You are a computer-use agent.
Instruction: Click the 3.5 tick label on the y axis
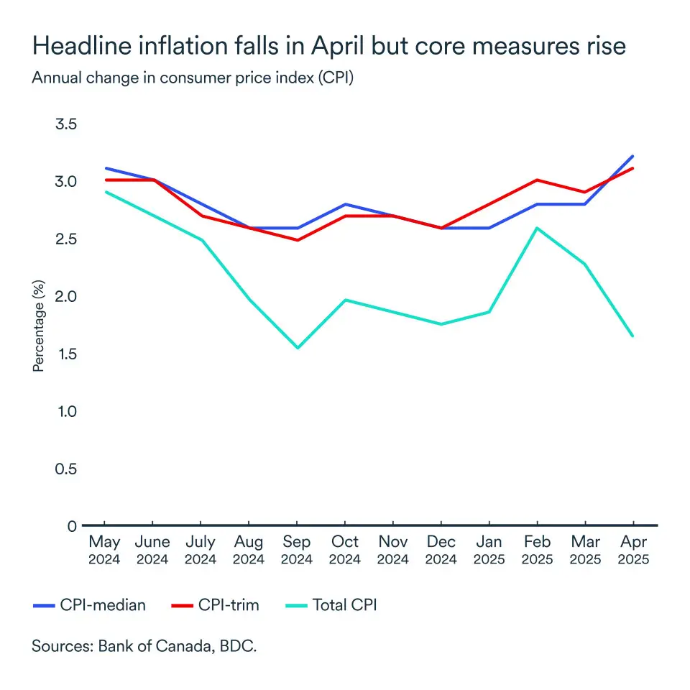coord(66,124)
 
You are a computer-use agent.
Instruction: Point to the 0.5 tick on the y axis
coord(66,469)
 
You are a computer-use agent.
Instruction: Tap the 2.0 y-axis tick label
coord(66,296)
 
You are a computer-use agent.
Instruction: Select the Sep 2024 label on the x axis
coord(297,550)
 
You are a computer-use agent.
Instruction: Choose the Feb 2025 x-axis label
coord(537,550)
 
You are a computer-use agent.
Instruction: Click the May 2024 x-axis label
coord(105,550)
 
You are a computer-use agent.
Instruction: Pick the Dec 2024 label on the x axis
coord(441,550)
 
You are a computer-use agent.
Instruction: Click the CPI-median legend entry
coord(90,605)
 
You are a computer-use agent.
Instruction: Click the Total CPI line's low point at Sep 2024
coord(297,348)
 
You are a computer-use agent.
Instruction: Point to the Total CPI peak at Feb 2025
coord(537,228)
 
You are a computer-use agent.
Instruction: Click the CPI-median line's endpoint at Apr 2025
coord(632,156)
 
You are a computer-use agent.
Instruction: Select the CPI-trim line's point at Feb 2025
coord(537,180)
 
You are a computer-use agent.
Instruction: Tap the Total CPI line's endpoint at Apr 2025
coord(632,336)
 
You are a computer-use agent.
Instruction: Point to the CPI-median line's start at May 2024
coord(105,168)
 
